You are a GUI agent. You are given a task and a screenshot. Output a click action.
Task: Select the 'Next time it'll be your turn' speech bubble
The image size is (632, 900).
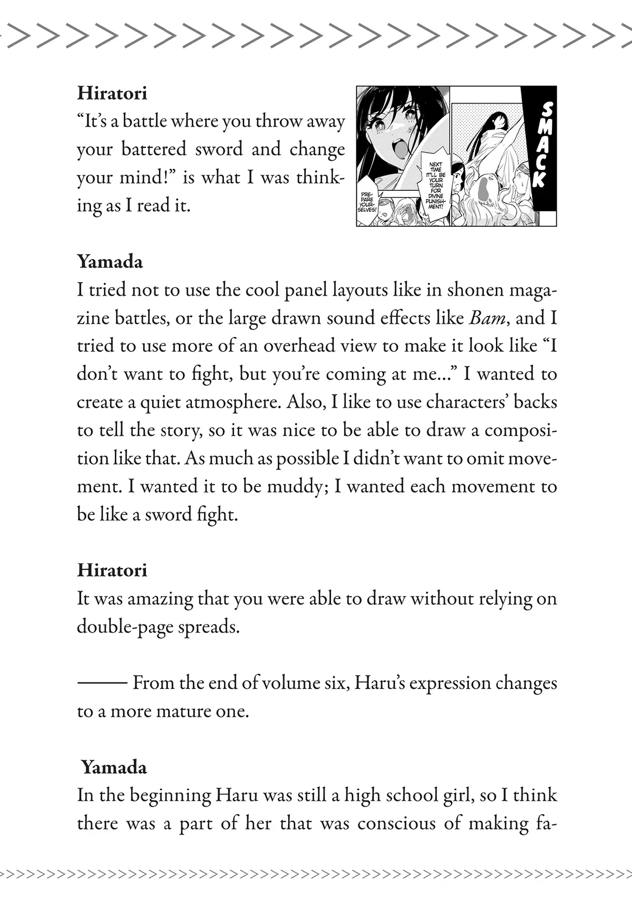[x=436, y=185]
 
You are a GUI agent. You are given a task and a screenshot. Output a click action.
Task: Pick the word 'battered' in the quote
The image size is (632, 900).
[x=154, y=149]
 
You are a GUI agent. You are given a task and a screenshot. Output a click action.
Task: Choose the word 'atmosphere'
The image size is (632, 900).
[x=233, y=402]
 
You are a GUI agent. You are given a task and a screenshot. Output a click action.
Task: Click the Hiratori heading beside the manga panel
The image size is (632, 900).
[x=112, y=93]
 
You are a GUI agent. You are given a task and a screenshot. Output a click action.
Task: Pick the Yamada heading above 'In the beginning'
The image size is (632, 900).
[x=114, y=767]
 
